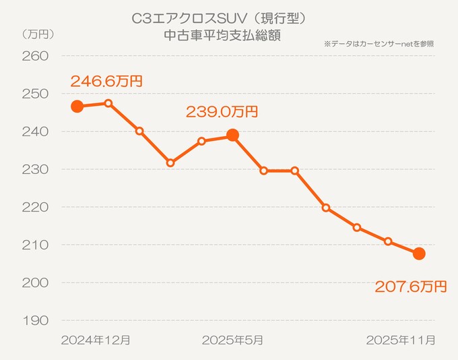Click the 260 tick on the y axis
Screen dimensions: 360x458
point(35,56)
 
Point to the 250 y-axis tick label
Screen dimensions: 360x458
point(35,94)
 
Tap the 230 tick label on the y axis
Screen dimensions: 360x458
point(35,169)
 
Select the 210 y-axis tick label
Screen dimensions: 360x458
point(35,245)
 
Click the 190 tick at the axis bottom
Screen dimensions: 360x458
point(35,320)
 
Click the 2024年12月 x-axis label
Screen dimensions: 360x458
point(95,340)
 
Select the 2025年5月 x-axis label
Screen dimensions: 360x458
point(232,340)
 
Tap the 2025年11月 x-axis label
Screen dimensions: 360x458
point(400,340)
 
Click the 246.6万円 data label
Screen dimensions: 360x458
point(106,82)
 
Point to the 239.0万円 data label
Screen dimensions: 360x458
point(222,112)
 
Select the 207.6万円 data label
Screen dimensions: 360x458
point(411,287)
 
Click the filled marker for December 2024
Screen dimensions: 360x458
point(77,107)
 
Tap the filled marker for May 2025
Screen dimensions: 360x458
point(232,136)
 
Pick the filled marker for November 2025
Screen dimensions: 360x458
point(419,253)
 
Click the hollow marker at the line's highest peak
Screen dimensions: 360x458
point(108,103)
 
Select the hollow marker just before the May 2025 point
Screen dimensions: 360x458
point(201,141)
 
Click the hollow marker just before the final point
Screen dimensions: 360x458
point(388,241)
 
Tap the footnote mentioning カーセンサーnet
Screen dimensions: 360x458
point(379,43)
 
